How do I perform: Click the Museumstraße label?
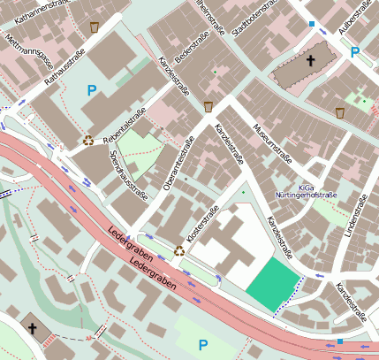point(272,145)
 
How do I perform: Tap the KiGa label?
point(306,188)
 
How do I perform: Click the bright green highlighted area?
point(270,286)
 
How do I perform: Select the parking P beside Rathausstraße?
point(91,89)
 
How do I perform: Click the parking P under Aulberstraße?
point(355,52)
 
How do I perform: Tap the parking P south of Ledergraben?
point(203,344)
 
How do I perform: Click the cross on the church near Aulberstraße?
point(310,61)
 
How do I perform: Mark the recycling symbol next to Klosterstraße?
point(179,250)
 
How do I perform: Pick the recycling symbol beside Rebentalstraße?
point(88,139)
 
